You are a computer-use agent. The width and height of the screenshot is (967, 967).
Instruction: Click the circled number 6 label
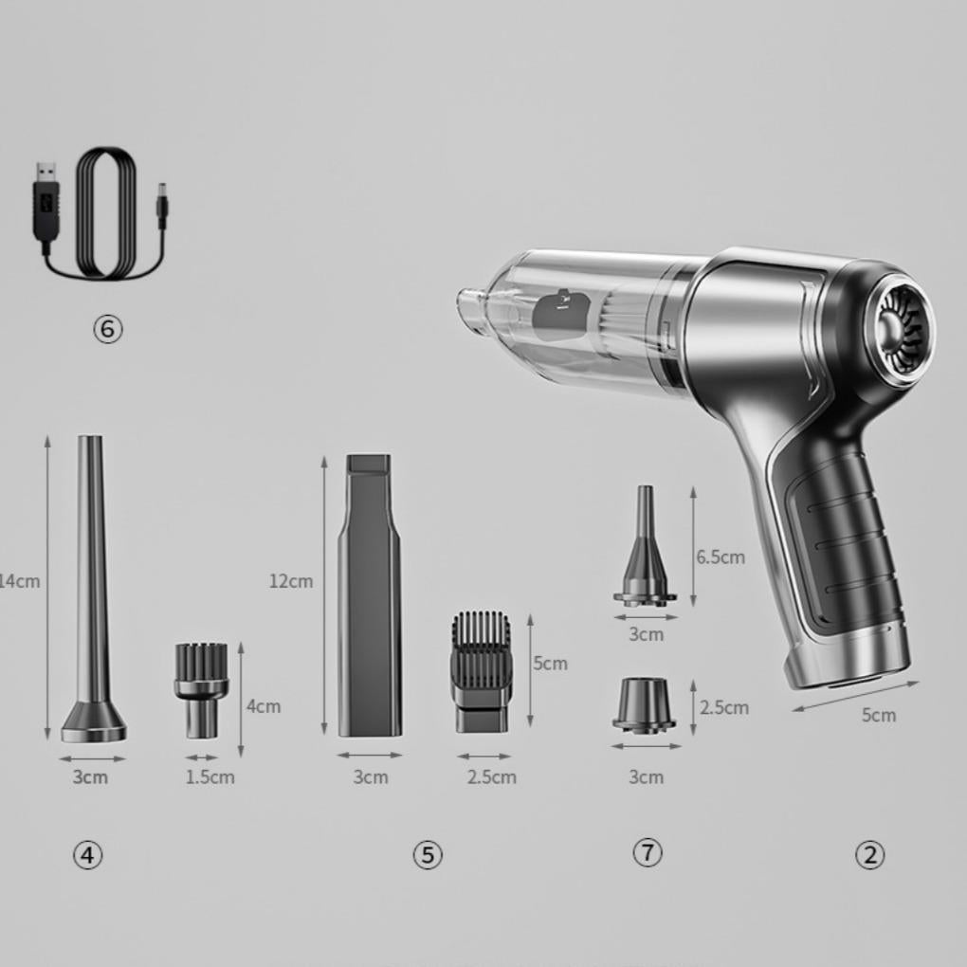(x=108, y=329)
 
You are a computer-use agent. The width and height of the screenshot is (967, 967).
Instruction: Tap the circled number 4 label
(x=87, y=855)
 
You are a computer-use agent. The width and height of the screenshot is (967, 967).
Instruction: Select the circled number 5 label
(x=428, y=855)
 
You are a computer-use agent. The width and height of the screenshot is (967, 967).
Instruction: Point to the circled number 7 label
(x=648, y=852)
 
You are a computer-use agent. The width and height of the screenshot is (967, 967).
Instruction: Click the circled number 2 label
(x=870, y=855)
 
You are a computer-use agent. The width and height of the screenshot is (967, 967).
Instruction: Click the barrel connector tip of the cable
(x=163, y=204)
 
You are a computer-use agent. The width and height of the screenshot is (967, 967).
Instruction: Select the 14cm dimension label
(x=19, y=581)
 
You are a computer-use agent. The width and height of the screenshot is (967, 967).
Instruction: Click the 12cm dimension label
(x=291, y=581)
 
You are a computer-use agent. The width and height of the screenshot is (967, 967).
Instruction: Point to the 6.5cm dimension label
(x=721, y=556)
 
